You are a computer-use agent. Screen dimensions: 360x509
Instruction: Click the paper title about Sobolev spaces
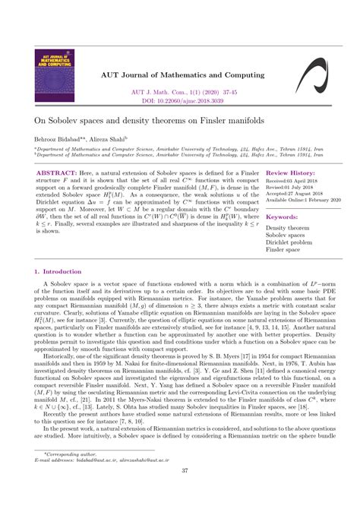click(144, 142)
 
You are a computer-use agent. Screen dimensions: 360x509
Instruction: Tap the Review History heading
click(287, 194)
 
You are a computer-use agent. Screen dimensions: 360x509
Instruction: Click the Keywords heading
click(282, 238)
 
